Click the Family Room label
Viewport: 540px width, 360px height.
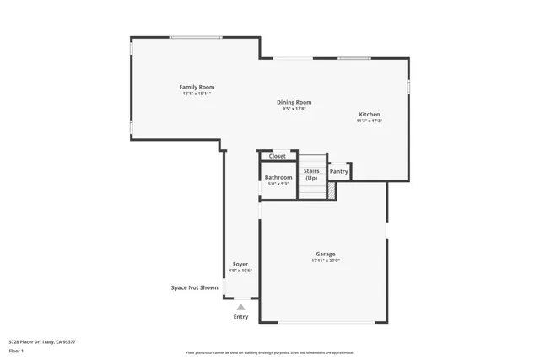click(x=197, y=87)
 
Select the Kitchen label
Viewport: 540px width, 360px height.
click(x=370, y=114)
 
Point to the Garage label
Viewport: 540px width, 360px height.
click(x=326, y=254)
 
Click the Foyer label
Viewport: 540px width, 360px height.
click(x=240, y=264)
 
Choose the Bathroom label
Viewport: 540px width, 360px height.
click(x=278, y=177)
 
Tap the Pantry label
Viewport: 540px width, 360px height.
click(x=339, y=171)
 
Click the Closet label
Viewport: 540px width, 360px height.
click(x=278, y=156)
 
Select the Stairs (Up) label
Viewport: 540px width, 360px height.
click(x=311, y=174)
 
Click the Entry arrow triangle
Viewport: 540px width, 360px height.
click(x=241, y=307)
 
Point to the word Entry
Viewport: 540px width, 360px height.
click(x=241, y=316)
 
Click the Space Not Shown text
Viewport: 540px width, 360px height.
click(x=195, y=287)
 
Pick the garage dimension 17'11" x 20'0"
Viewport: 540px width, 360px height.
click(x=326, y=261)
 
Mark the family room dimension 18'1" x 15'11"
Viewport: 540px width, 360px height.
click(x=197, y=94)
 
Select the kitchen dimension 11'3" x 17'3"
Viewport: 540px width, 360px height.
click(x=370, y=121)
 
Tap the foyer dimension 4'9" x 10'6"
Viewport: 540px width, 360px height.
click(x=240, y=271)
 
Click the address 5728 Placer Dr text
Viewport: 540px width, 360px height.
click(x=42, y=341)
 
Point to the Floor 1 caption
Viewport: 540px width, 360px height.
click(x=16, y=350)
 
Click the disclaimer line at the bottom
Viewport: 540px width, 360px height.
click(x=270, y=352)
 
